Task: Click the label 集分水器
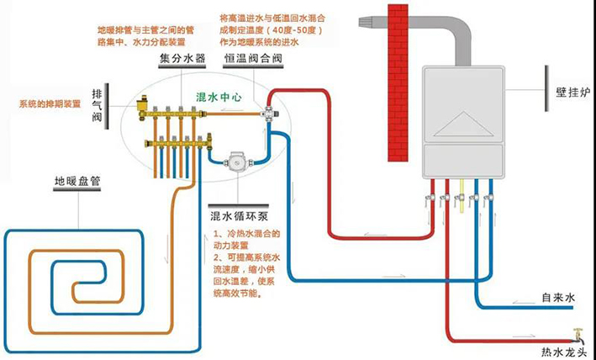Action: tap(182, 61)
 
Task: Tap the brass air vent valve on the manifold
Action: tap(142, 105)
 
